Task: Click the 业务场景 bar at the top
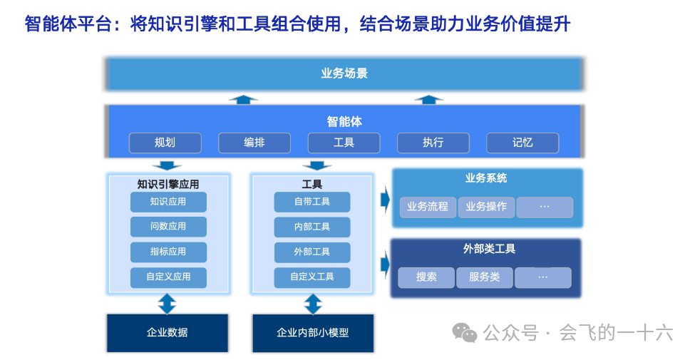tap(344, 73)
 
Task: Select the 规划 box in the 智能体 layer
tap(165, 143)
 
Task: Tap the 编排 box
tap(254, 143)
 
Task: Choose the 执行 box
tap(433, 143)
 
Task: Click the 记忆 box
tap(522, 143)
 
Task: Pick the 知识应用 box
tap(168, 202)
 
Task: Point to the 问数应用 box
tap(168, 227)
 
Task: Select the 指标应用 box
tap(168, 252)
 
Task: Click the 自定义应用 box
tap(168, 277)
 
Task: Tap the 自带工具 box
tap(312, 202)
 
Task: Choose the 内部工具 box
tap(312, 227)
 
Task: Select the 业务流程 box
tap(428, 207)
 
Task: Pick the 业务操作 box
tap(486, 207)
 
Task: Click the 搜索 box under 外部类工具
tap(426, 277)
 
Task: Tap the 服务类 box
tap(485, 277)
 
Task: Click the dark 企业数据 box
tap(168, 332)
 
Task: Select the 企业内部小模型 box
tap(313, 333)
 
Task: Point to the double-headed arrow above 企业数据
tap(167, 304)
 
